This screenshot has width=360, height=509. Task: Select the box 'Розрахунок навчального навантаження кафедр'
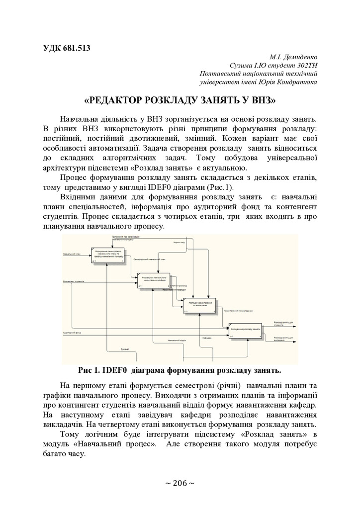pyautogui.click(x=154, y=280)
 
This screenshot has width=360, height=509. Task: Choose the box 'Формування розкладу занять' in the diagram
pyautogui.click(x=246, y=330)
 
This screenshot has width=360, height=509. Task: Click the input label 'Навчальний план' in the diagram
pyautogui.click(x=73, y=254)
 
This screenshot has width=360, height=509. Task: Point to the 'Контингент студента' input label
pyautogui.click(x=73, y=281)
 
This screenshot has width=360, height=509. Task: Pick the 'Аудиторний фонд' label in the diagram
pyautogui.click(x=72, y=332)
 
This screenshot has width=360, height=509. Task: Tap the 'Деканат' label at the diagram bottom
pyautogui.click(x=125, y=349)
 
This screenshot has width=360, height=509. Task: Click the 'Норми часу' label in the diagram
pyautogui.click(x=179, y=243)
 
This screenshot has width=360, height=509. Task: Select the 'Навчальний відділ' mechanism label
pyautogui.click(x=177, y=340)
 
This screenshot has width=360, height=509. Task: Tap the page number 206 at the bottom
pyautogui.click(x=180, y=483)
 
